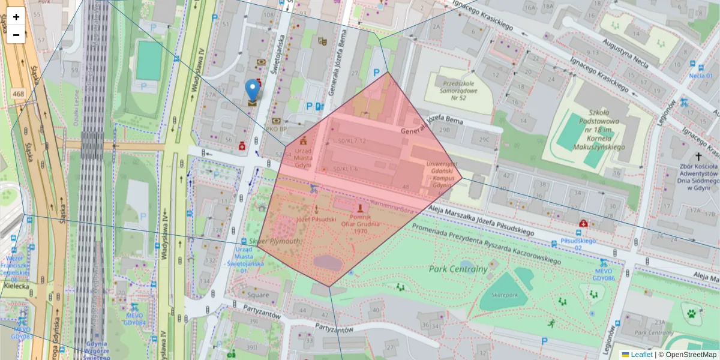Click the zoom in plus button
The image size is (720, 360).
coord(16,17)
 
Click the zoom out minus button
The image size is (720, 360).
coord(16,35)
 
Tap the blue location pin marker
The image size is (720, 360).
coord(253,90)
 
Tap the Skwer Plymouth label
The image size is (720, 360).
coord(277,241)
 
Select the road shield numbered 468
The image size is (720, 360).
coord(18,94)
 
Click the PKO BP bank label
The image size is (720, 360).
coord(275,128)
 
